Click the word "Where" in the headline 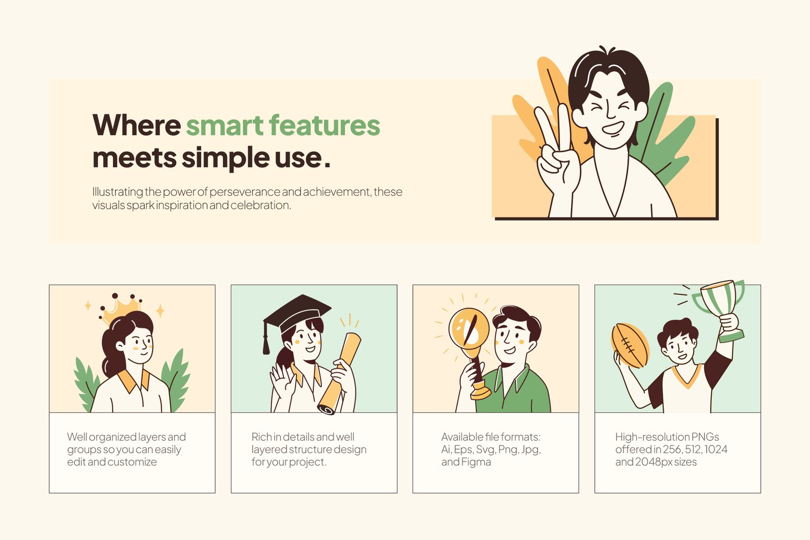pos(137,125)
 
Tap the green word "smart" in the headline pos(225,125)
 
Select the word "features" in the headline pos(325,125)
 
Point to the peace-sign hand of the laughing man pos(557,152)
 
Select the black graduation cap pos(297,313)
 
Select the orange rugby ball pos(630,346)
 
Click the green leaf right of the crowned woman pos(176,380)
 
